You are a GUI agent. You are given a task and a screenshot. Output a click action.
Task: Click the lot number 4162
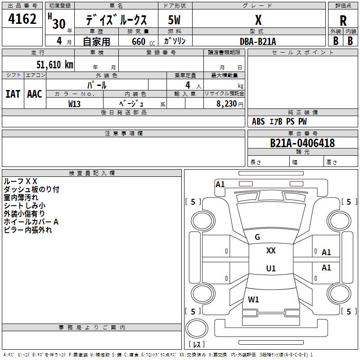pos(22,19)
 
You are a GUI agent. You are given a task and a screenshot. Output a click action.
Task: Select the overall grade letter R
pos(343,21)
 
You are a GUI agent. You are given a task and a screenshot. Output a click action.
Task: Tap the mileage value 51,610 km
pos(55,65)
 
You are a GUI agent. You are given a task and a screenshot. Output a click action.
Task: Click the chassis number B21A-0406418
pos(302,143)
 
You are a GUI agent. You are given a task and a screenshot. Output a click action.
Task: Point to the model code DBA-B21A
pos(257,41)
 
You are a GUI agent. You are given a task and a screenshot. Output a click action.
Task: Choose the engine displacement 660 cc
pos(143,42)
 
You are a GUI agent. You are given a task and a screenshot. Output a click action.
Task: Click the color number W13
pos(74,104)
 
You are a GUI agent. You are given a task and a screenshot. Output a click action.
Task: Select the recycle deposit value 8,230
pos(227,104)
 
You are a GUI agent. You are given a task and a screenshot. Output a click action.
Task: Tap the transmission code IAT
pos(13,94)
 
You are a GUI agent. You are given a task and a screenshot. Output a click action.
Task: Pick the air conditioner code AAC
pos(35,94)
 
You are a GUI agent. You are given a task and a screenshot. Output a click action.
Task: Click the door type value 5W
pos(174,20)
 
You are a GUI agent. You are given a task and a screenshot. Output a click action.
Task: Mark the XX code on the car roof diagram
pos(271,251)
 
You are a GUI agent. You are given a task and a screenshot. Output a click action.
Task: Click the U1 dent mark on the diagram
pos(271,268)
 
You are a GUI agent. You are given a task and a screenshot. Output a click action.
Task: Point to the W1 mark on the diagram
pos(253,300)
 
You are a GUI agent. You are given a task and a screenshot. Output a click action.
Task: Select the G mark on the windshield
pos(257,237)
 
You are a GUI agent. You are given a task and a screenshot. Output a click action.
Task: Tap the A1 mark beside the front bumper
pos(220,184)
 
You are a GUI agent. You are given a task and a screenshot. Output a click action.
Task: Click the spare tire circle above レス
pos(197,328)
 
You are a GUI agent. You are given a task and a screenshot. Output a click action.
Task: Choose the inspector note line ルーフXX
pos(20,181)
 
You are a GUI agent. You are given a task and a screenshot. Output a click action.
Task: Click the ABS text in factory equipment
pos(258,121)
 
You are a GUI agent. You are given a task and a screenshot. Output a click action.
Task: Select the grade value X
pos(258,20)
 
